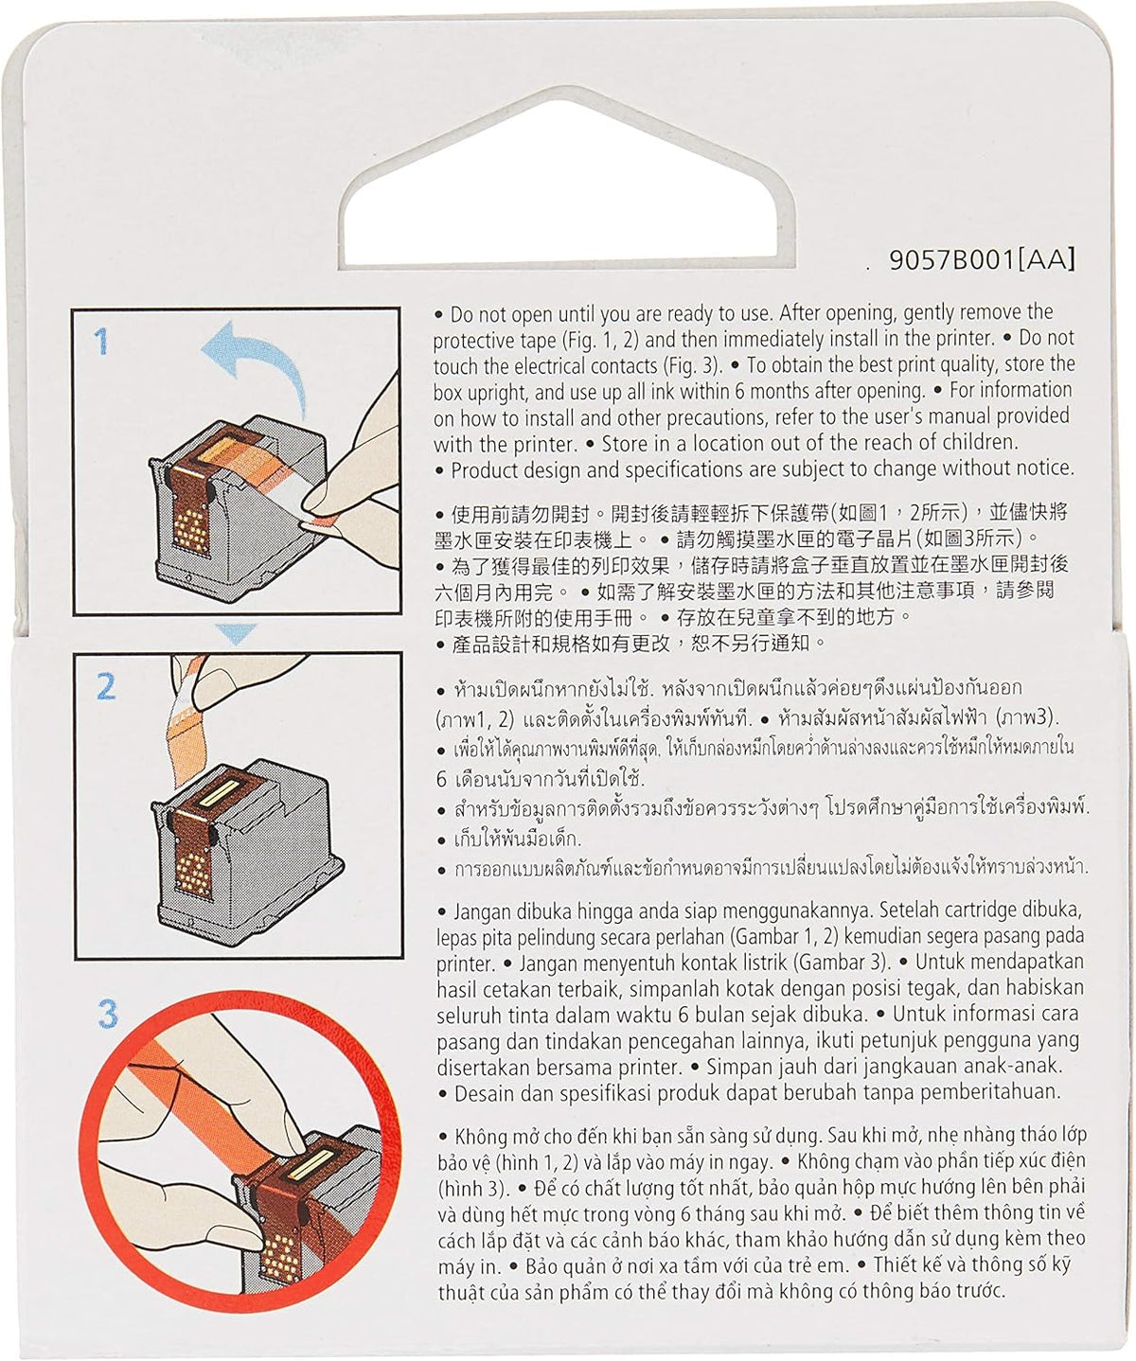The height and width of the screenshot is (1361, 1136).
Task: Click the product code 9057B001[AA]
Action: pyautogui.click(x=982, y=260)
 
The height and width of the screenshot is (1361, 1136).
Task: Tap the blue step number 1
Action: pyautogui.click(x=100, y=343)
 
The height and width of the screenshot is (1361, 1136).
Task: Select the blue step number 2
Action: pyautogui.click(x=106, y=686)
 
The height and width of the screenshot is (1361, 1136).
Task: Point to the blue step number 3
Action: pyautogui.click(x=107, y=1015)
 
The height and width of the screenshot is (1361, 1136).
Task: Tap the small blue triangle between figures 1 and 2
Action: pyautogui.click(x=236, y=633)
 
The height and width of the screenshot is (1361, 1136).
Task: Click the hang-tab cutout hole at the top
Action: pyautogui.click(x=566, y=189)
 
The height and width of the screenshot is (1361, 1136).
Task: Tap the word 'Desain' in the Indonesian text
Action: pyautogui.click(x=481, y=1093)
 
